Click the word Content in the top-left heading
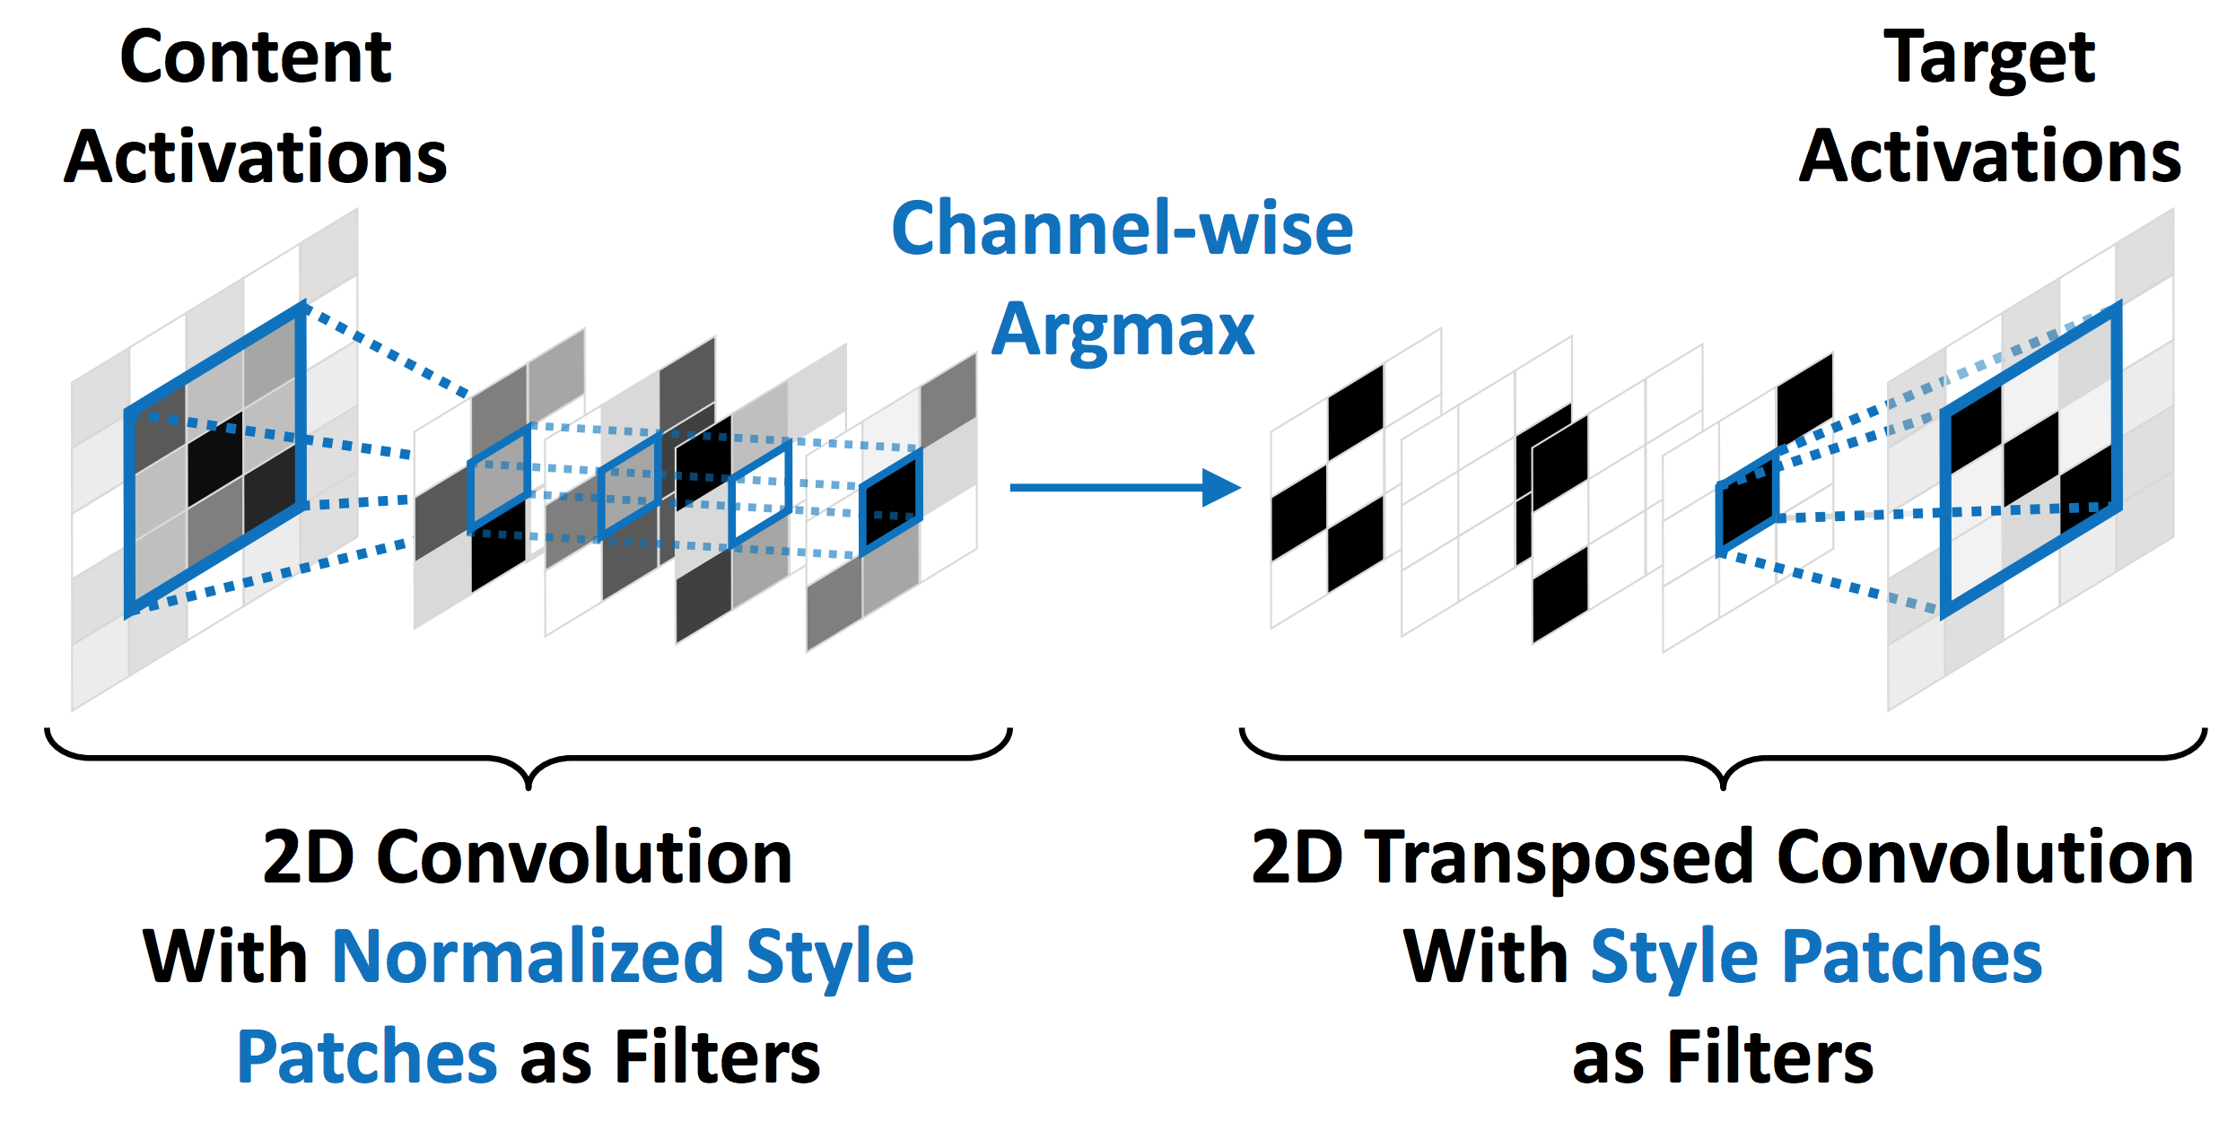click(x=256, y=58)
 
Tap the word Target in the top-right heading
click(x=1988, y=58)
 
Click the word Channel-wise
click(x=1122, y=229)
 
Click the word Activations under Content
click(x=256, y=157)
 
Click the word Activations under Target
click(x=1990, y=157)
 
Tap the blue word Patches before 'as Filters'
click(x=366, y=1057)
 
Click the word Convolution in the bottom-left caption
click(x=584, y=858)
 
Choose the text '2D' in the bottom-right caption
click(x=1297, y=858)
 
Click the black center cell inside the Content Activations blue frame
click(x=215, y=457)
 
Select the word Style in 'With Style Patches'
click(x=1674, y=957)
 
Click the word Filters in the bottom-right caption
click(x=1769, y=1057)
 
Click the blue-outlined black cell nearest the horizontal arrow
click(x=890, y=503)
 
